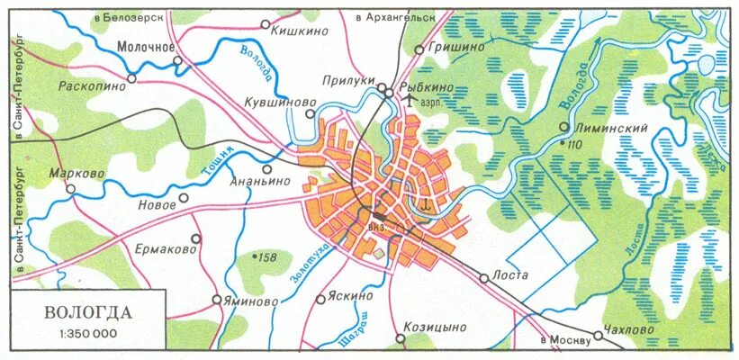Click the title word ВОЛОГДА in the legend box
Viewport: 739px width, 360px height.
click(88, 313)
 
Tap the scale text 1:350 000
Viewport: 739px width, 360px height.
click(88, 334)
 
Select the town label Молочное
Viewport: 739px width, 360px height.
click(145, 46)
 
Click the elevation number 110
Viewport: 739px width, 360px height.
click(573, 144)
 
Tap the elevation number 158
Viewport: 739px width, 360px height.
click(267, 257)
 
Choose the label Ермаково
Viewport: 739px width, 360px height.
click(166, 247)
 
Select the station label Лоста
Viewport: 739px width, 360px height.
click(509, 275)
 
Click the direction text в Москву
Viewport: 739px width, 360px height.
click(565, 340)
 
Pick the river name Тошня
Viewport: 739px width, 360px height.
click(218, 161)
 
